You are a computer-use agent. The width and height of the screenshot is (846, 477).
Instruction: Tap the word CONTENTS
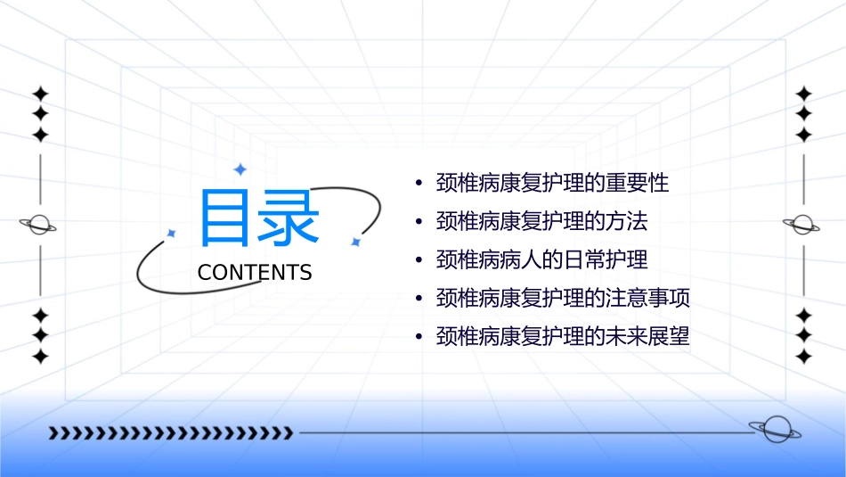tap(255, 273)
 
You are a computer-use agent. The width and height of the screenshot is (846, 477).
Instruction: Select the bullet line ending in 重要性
tap(552, 184)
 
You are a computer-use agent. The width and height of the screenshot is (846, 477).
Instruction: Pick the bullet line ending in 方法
tap(541, 221)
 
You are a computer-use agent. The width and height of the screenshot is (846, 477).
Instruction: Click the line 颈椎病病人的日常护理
tap(541, 259)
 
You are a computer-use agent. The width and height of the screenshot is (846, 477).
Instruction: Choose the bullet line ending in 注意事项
tap(563, 298)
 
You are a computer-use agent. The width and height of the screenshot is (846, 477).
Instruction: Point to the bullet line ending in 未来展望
tap(563, 337)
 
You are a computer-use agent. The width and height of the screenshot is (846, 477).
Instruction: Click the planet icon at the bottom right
tap(775, 430)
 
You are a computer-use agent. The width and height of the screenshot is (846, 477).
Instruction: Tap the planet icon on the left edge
tap(38, 225)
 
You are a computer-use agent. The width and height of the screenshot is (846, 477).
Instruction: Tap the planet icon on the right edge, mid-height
tap(802, 225)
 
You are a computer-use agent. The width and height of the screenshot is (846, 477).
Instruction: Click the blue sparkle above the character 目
tap(239, 169)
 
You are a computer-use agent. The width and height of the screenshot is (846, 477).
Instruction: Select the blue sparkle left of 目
tap(172, 233)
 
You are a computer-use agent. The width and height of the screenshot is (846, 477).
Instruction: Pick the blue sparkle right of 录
tap(354, 242)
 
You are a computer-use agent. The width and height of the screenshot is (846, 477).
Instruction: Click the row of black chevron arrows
tap(170, 433)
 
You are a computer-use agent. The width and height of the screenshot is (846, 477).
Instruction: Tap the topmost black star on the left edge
tap(40, 94)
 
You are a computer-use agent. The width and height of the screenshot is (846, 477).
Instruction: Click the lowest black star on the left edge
tap(40, 356)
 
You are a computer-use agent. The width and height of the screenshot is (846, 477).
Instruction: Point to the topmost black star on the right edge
tap(804, 94)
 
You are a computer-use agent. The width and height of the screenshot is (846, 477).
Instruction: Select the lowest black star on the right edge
tap(804, 356)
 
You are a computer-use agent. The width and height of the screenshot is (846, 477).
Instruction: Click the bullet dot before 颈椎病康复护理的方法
tap(419, 221)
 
